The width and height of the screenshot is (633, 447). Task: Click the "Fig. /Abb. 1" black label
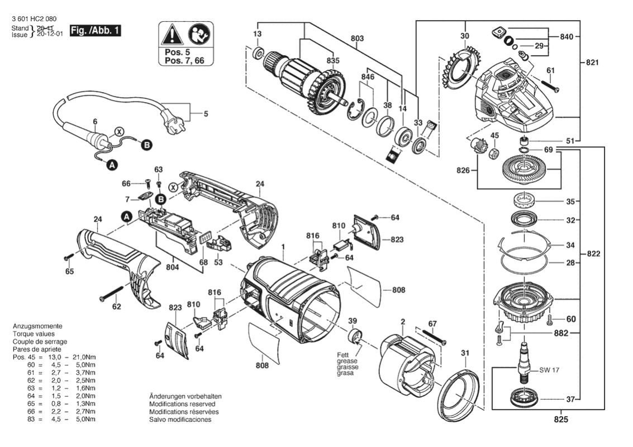[x=95, y=30]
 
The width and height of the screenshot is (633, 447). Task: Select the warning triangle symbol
[x=171, y=35]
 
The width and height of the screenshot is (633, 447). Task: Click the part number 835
[x=333, y=60]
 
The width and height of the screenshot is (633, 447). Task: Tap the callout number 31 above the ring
[x=465, y=352]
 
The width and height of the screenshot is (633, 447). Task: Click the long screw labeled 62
[x=111, y=292]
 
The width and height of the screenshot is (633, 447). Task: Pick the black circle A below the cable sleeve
[x=111, y=165]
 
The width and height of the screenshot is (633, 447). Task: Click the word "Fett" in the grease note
[x=343, y=355]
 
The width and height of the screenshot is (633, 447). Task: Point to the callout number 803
[x=358, y=39]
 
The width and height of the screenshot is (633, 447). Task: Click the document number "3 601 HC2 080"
[x=34, y=19]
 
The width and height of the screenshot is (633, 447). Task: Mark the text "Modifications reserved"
[x=182, y=403]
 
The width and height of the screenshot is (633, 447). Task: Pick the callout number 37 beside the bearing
[x=570, y=400]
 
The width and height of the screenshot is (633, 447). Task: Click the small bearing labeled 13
[x=258, y=54]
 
